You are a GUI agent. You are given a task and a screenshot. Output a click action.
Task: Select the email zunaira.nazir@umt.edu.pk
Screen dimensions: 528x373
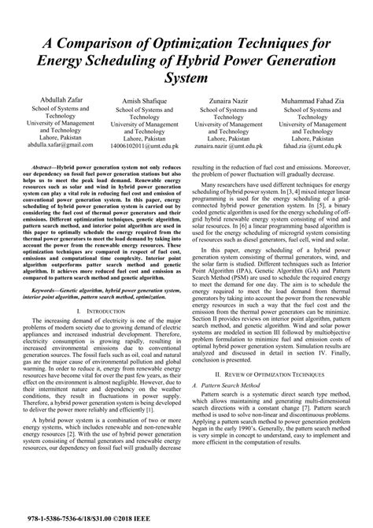click(x=234, y=147)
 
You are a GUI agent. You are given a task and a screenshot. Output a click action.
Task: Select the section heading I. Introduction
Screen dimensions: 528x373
click(x=97, y=291)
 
